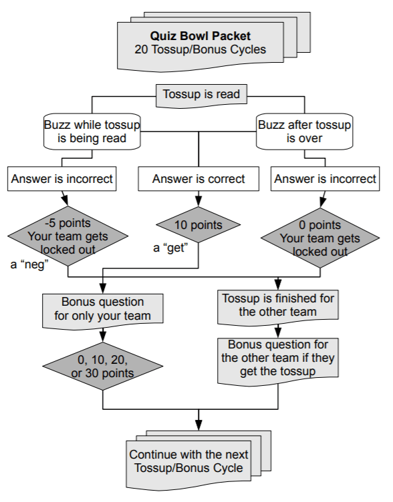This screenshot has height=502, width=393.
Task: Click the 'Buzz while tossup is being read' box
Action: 93,132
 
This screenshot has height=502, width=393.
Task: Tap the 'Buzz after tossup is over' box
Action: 305,132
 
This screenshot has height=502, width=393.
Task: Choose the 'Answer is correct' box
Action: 199,179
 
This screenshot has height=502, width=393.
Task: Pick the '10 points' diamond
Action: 199,226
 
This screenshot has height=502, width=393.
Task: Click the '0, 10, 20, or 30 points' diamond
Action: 102,364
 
